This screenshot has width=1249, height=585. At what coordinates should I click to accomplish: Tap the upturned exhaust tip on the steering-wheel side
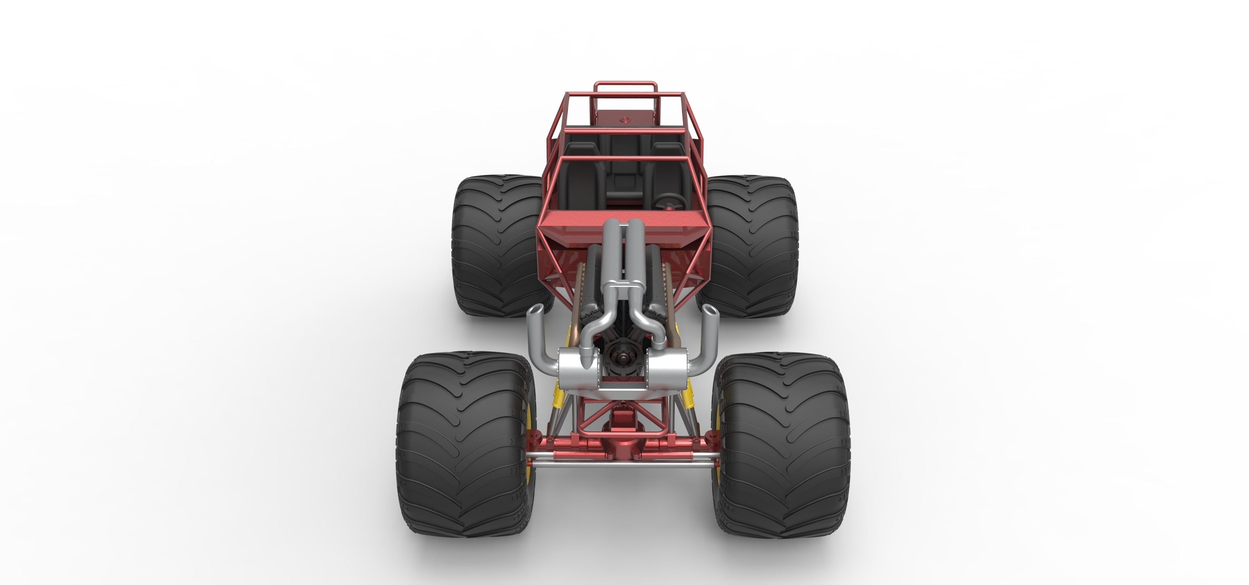click(709, 311)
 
